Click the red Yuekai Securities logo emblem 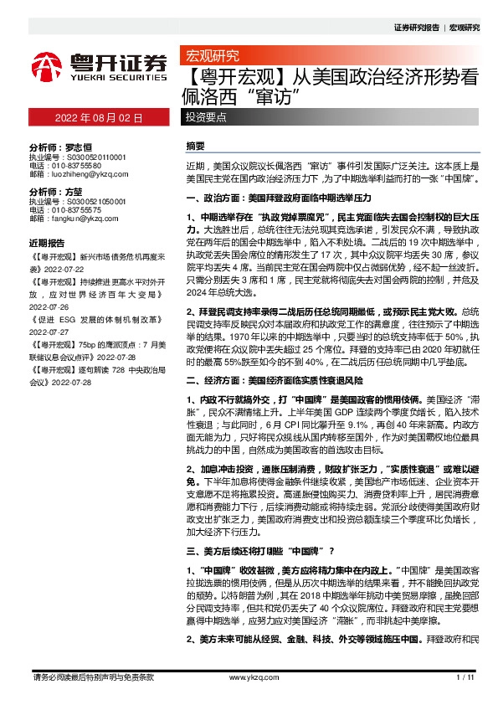[x=45, y=64]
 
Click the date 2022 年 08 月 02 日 [x=98, y=118]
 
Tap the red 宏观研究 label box [x=211, y=57]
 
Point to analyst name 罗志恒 [x=80, y=145]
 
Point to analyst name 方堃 [x=74, y=193]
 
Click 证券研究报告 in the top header [x=415, y=27]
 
